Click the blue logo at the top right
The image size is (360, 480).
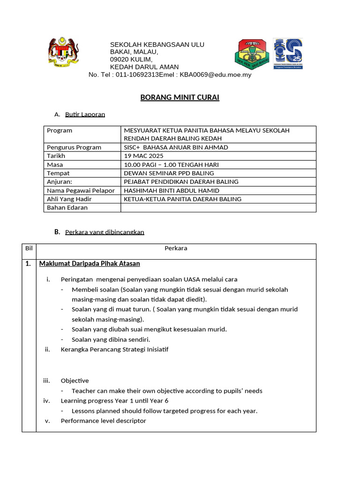click(288, 54)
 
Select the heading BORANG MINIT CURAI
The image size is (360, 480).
click(180, 97)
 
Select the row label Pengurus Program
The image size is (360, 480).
click(74, 147)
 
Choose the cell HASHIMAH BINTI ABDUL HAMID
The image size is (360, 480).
click(171, 190)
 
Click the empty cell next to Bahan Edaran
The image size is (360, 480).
click(218, 208)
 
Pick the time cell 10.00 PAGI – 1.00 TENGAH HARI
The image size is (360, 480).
click(171, 165)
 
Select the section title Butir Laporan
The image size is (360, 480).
click(85, 114)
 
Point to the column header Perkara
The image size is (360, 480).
click(176, 248)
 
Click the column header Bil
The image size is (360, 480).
click(29, 248)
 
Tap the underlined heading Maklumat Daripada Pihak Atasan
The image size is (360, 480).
click(90, 264)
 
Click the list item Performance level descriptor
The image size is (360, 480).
click(103, 421)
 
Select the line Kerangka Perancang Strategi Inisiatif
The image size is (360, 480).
click(114, 350)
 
